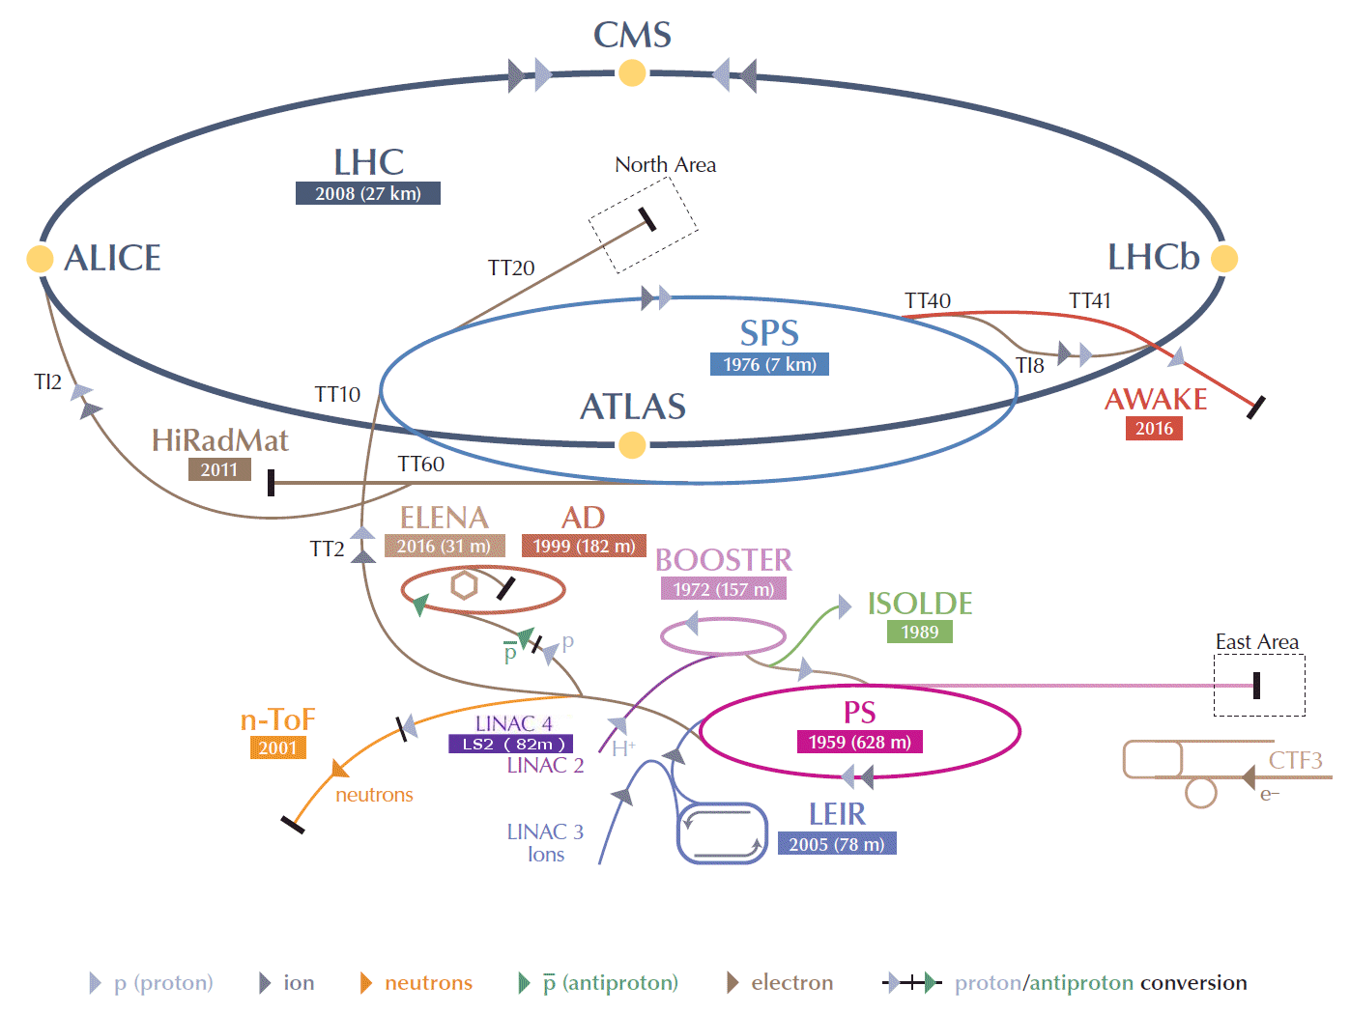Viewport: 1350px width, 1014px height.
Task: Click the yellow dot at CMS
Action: tap(632, 72)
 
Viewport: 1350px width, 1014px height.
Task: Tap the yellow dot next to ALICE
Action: tap(40, 259)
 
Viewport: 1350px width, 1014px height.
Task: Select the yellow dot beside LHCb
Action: tap(1223, 259)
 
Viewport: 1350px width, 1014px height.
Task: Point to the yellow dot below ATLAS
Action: tap(632, 444)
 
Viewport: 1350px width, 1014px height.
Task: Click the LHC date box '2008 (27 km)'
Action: tap(367, 193)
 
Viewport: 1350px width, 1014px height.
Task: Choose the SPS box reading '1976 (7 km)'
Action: tap(769, 364)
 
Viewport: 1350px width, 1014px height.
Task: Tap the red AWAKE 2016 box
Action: tap(1154, 428)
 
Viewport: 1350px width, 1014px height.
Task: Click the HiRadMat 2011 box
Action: tap(219, 469)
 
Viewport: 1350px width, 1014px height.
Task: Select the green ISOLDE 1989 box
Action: tap(919, 632)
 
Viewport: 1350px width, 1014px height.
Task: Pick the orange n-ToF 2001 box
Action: tap(277, 747)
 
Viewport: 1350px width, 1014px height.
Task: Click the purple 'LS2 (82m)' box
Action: tap(511, 744)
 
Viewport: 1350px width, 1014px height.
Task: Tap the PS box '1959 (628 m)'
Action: tap(859, 742)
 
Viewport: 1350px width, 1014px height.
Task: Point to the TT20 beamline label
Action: tap(511, 268)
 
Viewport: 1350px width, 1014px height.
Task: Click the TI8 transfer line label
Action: tap(1029, 365)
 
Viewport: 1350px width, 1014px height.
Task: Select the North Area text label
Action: tap(665, 165)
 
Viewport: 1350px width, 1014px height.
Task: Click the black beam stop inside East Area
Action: tap(1256, 686)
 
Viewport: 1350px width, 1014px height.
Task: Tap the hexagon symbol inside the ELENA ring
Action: tap(464, 584)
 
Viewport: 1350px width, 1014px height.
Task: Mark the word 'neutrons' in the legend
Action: tap(428, 983)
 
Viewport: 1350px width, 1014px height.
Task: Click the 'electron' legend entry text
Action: tap(791, 983)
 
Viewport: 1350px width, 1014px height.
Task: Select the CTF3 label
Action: tap(1295, 760)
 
